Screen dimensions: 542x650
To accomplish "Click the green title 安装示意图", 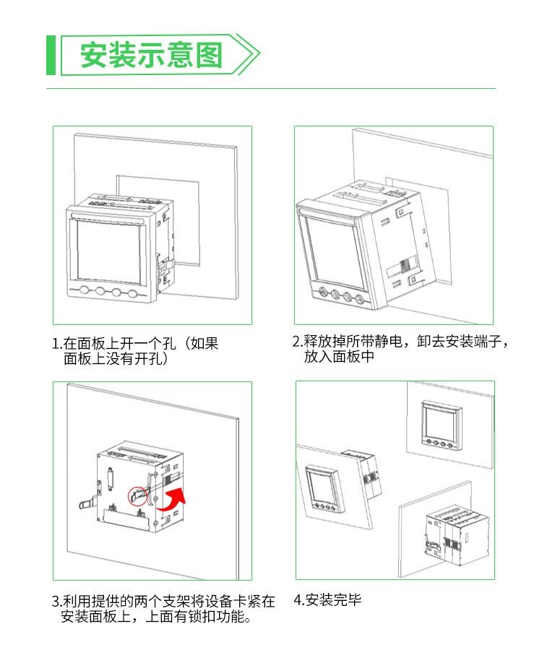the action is [152, 55].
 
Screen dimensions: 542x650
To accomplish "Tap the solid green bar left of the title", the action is [51, 55].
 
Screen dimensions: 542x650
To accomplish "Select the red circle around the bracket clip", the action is [137, 496].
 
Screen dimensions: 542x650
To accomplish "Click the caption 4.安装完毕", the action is [327, 600].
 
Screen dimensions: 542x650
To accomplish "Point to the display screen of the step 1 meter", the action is [108, 251].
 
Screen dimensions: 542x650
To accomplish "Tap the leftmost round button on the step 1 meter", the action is [85, 290].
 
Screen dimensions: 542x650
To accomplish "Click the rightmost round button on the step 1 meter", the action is [133, 293].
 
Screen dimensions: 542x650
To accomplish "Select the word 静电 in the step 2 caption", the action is [389, 341].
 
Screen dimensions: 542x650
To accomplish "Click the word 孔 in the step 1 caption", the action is [169, 344].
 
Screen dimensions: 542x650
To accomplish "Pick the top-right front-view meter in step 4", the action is [442, 425].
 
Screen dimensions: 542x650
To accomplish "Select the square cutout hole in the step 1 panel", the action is [158, 220].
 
